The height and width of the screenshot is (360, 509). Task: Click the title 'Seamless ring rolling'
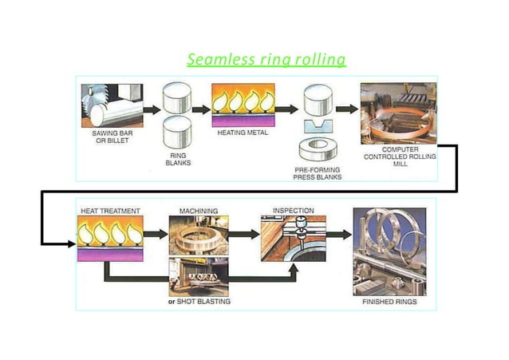(x=266, y=60)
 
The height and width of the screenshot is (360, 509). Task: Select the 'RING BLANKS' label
(x=178, y=160)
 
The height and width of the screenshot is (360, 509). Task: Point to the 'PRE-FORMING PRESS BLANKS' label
(x=318, y=172)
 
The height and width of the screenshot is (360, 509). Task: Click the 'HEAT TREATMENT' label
(x=110, y=212)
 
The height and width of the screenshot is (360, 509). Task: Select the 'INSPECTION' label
(x=293, y=211)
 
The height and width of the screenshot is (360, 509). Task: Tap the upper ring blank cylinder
(x=178, y=100)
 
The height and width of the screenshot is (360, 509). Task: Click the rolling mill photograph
(x=399, y=112)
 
